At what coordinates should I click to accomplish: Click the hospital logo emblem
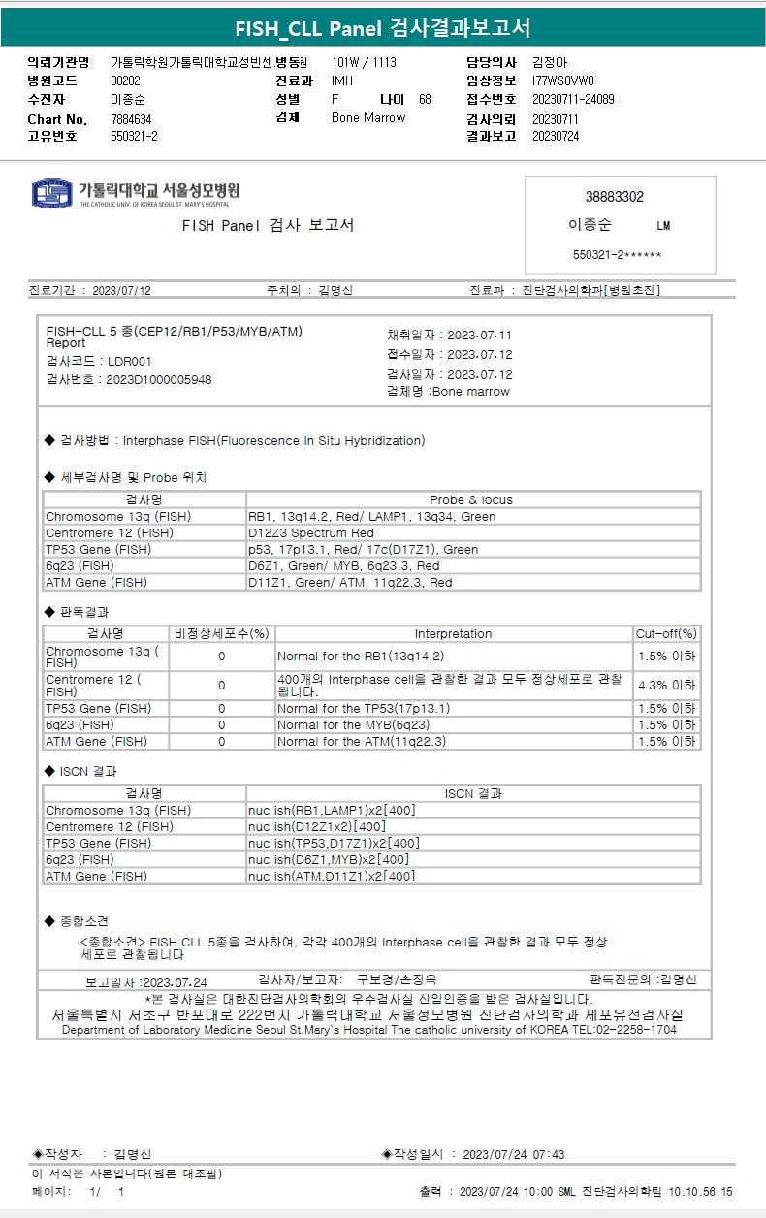[52, 193]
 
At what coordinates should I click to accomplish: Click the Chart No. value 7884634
[132, 119]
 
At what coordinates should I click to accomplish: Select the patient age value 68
[425, 100]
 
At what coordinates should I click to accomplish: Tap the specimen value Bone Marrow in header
[368, 118]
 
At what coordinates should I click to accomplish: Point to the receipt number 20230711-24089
[573, 100]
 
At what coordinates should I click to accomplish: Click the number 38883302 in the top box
[614, 197]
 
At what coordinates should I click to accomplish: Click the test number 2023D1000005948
[158, 379]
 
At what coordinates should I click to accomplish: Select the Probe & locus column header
[471, 500]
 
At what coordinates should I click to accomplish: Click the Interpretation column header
[453, 634]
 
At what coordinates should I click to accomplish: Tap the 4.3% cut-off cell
[666, 685]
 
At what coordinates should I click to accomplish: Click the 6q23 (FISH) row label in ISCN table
[80, 860]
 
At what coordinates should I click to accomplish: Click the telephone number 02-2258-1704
[636, 1030]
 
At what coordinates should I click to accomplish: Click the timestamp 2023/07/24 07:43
[514, 1155]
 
